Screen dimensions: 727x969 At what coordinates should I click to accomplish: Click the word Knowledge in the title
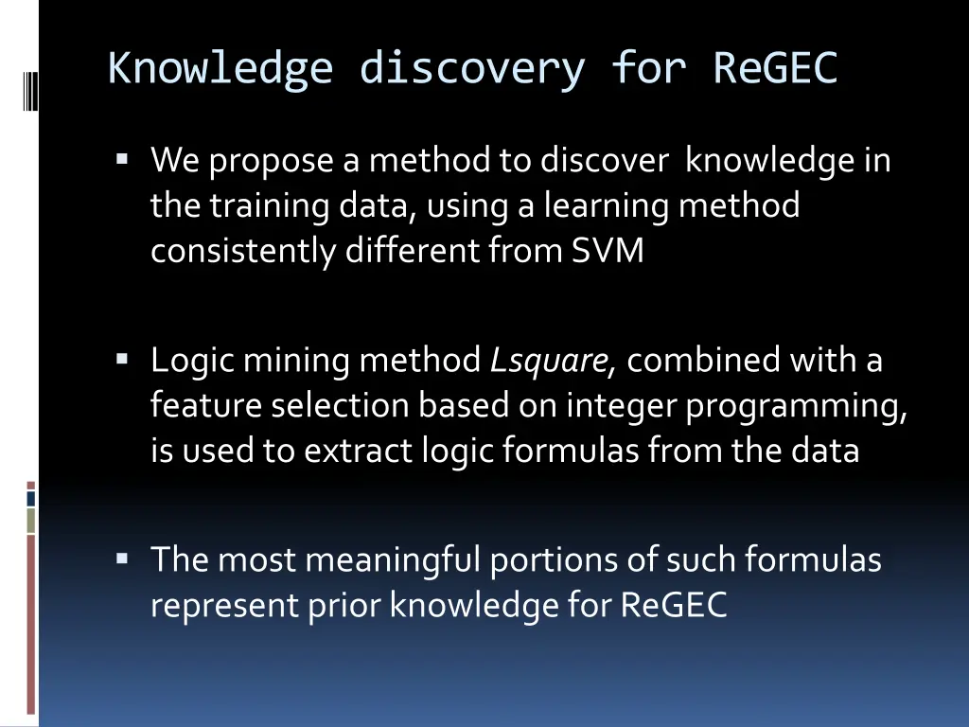click(220, 69)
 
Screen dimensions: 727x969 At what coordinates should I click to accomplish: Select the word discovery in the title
click(471, 69)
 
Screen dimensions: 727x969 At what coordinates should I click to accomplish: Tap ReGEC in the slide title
click(775, 69)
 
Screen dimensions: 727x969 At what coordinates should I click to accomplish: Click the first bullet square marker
click(123, 160)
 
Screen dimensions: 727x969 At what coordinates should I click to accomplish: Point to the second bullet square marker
click(123, 360)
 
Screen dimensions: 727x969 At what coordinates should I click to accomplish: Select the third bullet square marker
click(123, 559)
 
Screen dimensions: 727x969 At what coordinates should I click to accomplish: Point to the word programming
click(796, 406)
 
